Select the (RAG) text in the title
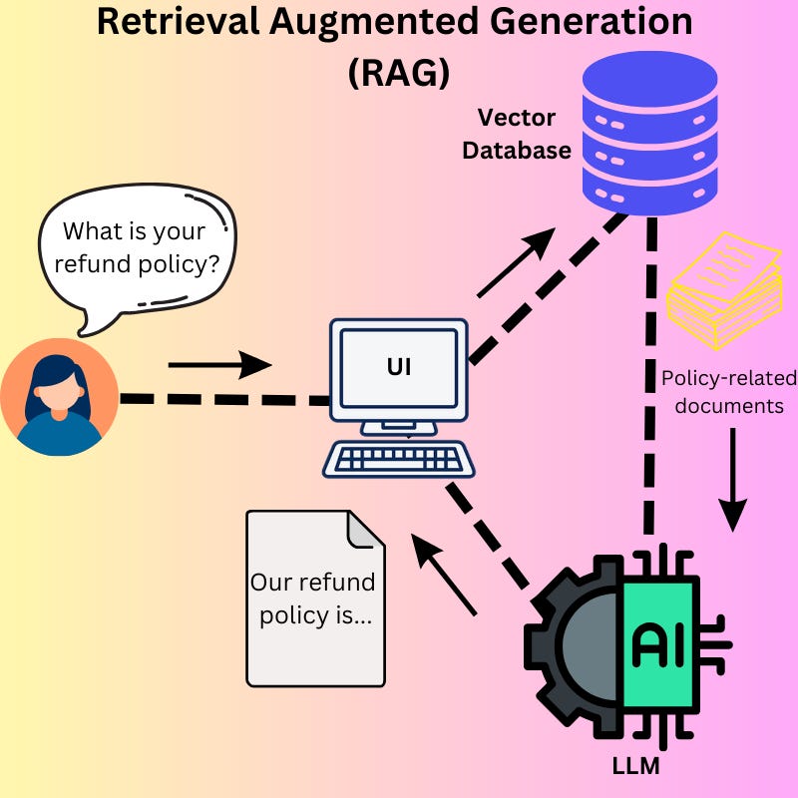tap(398, 73)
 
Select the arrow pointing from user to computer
tap(219, 365)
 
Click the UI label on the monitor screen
tap(399, 368)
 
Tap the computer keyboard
tap(398, 460)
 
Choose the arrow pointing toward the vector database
tap(516, 262)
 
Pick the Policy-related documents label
tap(729, 393)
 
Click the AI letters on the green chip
tap(658, 645)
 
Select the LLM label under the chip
tap(635, 767)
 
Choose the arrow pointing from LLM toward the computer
tap(445, 574)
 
